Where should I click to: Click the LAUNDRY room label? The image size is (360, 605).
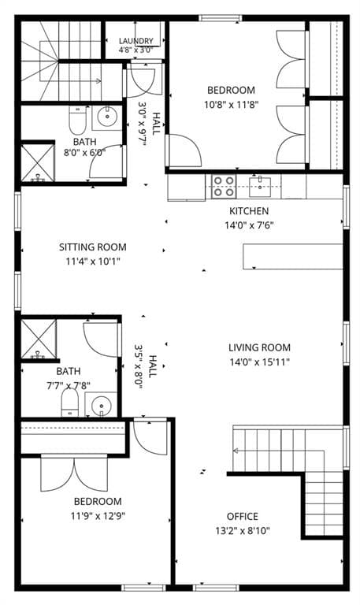coord(135,41)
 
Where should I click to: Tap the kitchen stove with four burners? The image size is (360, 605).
coord(224,187)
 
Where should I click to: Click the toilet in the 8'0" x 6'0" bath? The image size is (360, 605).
coord(77,120)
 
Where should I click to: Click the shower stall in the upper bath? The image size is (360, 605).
coord(38,162)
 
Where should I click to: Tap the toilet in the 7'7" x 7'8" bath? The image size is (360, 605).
coord(70,403)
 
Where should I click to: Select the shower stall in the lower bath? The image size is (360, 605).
coord(38,340)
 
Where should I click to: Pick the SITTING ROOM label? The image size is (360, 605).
coord(93,247)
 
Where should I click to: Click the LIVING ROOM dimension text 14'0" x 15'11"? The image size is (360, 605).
coord(259,362)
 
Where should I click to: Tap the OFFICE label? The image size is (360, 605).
coord(243,516)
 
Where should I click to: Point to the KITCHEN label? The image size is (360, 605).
coord(249,211)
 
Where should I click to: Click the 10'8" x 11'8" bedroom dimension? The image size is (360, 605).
coord(231,105)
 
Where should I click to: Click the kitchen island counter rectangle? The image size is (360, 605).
coord(292,256)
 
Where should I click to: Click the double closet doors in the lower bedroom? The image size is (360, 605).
coord(75,473)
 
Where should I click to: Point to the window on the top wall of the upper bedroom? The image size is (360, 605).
coord(221,18)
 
